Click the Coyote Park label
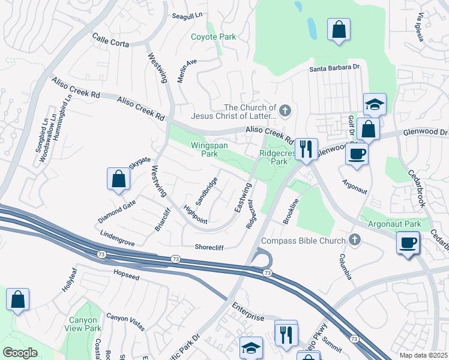tap(213, 37)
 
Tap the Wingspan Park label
tap(204, 149)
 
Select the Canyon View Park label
tap(85, 323)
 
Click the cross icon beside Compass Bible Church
tap(355, 241)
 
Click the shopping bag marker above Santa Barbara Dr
tap(339, 29)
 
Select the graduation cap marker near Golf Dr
tap(375, 105)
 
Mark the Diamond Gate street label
tap(117, 208)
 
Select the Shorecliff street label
tap(209, 247)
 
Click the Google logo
tap(20, 353)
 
